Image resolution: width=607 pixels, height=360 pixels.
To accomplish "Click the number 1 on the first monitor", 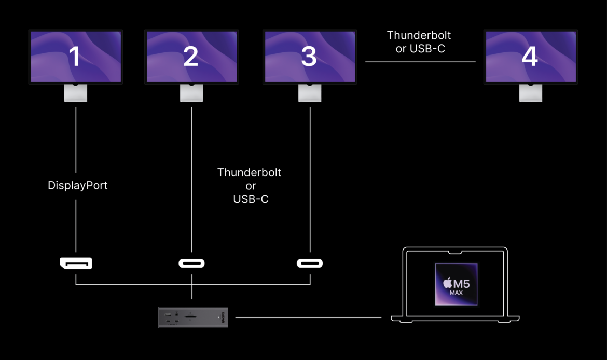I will pos(75,57).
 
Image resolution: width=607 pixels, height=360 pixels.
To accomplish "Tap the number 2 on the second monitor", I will pos(191,57).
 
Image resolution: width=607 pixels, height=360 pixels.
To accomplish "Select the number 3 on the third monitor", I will pos(309,57).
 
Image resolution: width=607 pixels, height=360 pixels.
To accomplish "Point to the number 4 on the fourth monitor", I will pos(530,57).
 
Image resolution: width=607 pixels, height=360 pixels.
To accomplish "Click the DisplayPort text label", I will pos(77,185).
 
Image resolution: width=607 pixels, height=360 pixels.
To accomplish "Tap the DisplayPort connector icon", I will pos(76,263).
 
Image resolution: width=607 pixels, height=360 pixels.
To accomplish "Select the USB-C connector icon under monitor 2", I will pos(191,263).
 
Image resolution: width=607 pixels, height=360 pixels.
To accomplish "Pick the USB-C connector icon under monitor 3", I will pos(310,263).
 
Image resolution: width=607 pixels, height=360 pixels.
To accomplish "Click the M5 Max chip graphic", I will pos(456,284).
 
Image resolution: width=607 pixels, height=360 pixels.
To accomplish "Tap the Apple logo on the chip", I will pos(447,283).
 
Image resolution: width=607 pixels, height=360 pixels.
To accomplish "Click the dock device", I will pos(193,317).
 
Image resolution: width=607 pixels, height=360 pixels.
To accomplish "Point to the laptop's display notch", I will pos(456,253).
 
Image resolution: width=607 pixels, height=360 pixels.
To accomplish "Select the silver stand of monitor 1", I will pos(75,93).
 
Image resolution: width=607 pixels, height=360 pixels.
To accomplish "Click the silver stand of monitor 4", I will pos(530,93).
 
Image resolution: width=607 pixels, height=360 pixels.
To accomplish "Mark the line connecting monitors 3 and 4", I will pos(420,62).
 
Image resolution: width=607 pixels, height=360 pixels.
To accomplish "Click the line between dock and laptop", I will pos(308,317).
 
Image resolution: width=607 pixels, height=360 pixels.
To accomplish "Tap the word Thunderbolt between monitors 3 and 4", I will pos(419,35).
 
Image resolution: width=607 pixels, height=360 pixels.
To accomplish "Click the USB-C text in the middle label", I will pos(251,199).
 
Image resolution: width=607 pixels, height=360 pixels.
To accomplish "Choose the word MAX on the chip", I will pos(456,293).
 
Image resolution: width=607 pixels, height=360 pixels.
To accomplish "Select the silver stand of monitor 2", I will pos(191,93).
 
